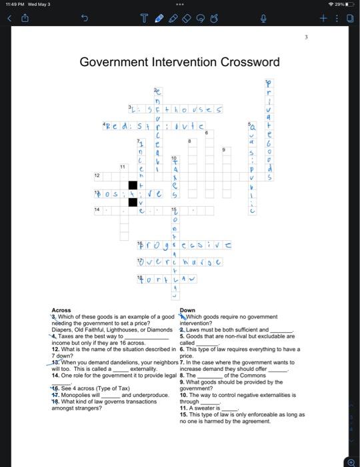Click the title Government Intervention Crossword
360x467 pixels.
(179, 62)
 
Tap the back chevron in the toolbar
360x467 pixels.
(9, 20)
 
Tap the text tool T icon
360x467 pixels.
(144, 20)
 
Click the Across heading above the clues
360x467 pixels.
(61, 310)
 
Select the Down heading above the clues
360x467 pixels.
(187, 310)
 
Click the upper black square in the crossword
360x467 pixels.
(133, 185)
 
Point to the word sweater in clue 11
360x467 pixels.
(208, 407)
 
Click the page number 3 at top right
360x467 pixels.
(306, 38)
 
